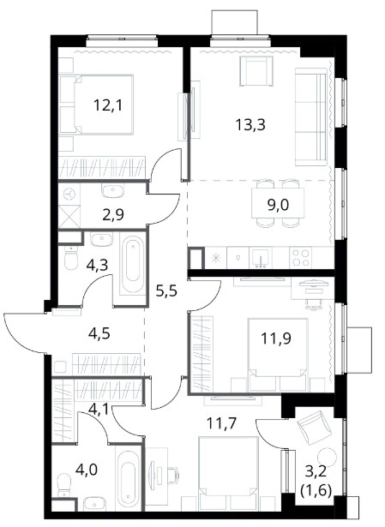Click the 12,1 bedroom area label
coord(108,105)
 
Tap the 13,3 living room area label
coord(250,125)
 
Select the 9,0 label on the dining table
coord(278,204)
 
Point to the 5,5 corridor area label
coord(166,290)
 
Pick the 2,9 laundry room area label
coord(113,214)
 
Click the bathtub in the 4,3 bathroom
coord(132,266)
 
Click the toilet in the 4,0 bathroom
coord(64,485)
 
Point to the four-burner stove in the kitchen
coord(300,257)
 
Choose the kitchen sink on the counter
coord(261,258)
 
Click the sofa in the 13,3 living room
coord(311,117)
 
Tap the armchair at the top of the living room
coord(256,71)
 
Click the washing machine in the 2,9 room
coord(69,195)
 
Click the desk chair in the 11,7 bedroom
coord(172,473)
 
